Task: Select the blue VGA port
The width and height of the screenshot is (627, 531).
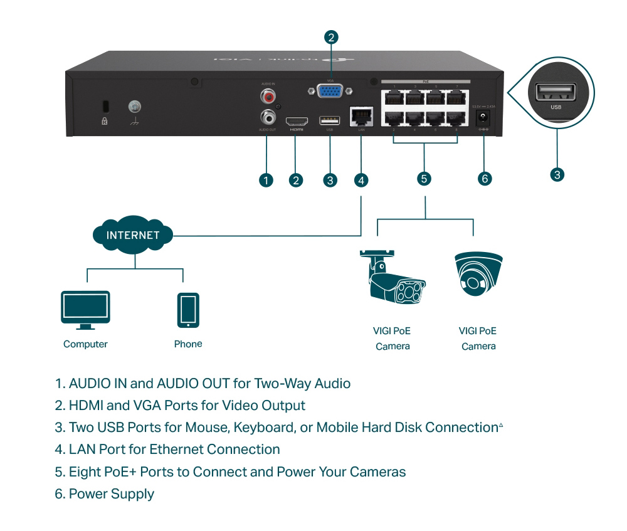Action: [330, 92]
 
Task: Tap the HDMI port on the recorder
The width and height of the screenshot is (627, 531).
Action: [296, 120]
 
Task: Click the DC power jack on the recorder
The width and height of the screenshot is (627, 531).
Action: [483, 117]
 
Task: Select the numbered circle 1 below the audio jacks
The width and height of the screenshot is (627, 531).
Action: [266, 180]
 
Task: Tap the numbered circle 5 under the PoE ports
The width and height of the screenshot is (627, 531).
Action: [424, 179]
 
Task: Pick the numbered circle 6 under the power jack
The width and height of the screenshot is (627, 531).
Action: [484, 179]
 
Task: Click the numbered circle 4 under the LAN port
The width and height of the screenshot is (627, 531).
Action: [361, 180]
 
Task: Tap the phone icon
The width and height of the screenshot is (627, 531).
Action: [187, 310]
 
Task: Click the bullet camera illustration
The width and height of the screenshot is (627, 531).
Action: [393, 278]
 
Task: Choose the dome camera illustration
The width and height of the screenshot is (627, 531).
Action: [478, 275]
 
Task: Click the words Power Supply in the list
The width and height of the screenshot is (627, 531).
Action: [111, 494]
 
